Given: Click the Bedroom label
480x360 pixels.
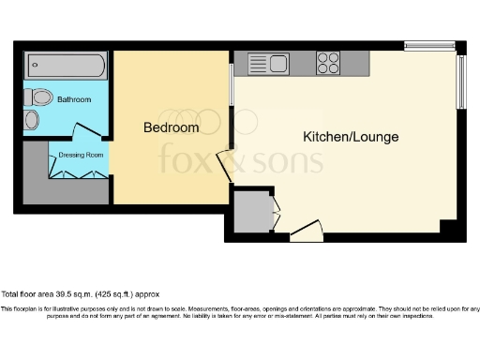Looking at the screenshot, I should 171,127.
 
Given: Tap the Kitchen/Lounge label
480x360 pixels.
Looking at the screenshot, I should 351,137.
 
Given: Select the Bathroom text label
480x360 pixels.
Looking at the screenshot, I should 73,98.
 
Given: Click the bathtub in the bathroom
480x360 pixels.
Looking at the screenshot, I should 65,67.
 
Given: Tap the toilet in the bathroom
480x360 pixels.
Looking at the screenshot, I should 40,97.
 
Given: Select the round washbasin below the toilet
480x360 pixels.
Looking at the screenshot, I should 32,120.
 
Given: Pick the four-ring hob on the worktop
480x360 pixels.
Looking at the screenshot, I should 328,63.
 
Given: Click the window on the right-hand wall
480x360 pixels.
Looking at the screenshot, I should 459,82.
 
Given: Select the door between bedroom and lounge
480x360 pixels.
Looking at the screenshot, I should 225,166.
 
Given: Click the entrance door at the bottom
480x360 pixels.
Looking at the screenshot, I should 307,231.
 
